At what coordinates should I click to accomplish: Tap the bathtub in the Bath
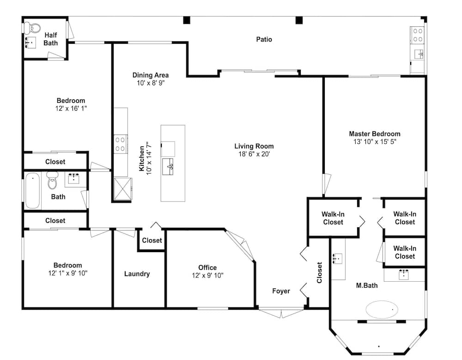32,190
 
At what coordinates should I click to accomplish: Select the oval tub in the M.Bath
382,309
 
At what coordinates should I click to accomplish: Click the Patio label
264,39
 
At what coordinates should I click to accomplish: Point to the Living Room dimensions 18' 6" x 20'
254,154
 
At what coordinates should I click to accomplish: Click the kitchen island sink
168,166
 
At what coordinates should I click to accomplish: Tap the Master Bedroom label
375,134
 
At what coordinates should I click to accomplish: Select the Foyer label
281,291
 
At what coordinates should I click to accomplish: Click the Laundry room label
137,274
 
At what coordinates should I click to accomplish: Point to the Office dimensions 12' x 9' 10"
208,275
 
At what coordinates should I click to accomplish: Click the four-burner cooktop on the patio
417,35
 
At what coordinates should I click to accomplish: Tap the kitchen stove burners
121,144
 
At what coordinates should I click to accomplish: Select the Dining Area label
151,75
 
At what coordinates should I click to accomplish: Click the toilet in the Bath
53,180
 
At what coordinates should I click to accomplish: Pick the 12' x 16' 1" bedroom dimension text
71,108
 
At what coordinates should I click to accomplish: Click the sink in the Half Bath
30,42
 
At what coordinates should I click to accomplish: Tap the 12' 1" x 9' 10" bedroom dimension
68,273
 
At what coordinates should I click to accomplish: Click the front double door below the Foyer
281,313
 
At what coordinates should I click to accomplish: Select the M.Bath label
367,285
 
